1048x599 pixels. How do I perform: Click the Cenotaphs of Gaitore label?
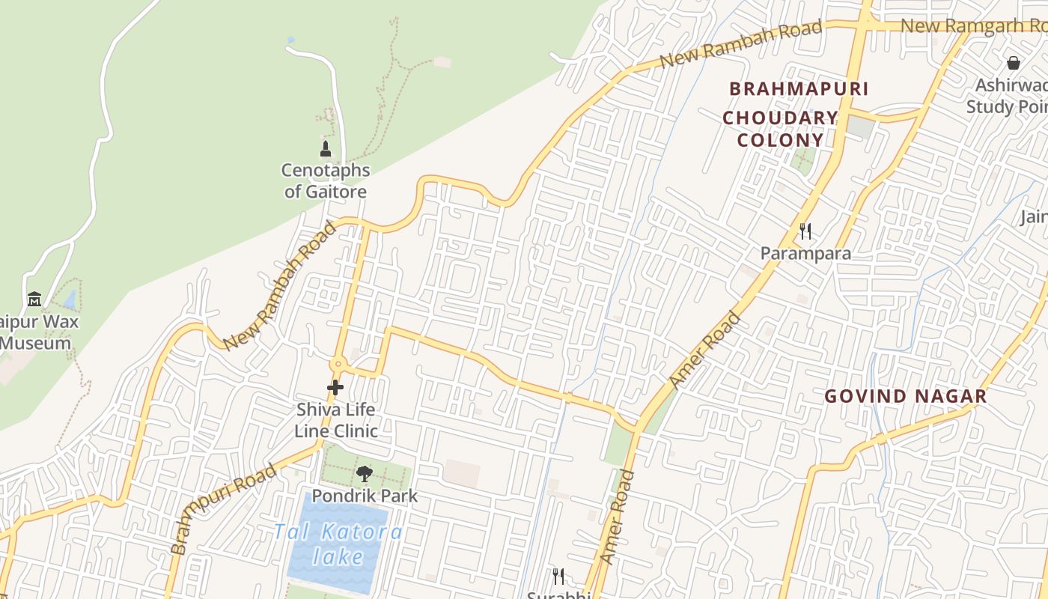tap(326, 180)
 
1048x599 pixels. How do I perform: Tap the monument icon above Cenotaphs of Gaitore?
tap(326, 148)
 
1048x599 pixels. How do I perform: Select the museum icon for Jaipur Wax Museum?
tap(34, 299)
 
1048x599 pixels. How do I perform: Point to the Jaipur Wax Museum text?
tap(37, 333)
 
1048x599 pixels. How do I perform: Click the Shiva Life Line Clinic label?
tap(335, 420)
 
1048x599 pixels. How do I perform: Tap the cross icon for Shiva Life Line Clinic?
tap(335, 388)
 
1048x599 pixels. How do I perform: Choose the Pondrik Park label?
tap(365, 496)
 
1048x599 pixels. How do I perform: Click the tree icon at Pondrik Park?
tap(365, 473)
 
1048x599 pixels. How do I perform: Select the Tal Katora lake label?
tap(338, 544)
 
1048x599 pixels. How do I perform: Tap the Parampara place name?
tap(805, 253)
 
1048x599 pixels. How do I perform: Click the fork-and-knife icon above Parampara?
tap(805, 231)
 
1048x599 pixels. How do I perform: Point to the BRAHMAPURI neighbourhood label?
tap(799, 89)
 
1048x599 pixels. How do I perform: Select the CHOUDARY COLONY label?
tap(780, 129)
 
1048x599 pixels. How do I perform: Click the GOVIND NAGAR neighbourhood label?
tap(906, 396)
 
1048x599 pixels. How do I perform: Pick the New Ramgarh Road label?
tap(973, 25)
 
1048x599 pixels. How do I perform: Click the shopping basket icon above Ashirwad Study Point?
tap(1014, 63)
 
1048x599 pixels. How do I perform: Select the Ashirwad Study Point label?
tap(1007, 96)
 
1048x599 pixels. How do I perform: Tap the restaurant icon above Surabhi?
tap(558, 576)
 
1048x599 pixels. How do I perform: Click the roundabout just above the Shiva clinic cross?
tap(338, 365)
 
